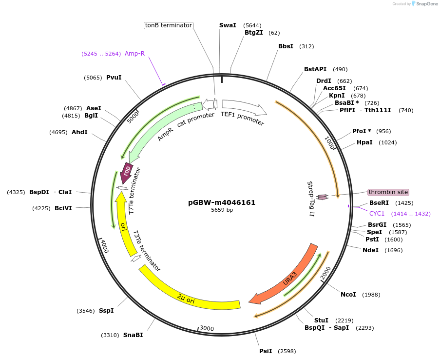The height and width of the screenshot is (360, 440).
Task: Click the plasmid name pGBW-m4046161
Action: click(x=222, y=202)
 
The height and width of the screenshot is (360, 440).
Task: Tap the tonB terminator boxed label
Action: click(x=169, y=25)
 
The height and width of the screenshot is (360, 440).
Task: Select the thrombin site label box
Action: click(x=388, y=192)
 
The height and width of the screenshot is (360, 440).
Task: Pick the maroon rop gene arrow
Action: click(x=127, y=172)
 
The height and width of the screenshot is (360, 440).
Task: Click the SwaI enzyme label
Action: click(x=228, y=25)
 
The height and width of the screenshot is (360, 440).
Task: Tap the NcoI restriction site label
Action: click(x=348, y=295)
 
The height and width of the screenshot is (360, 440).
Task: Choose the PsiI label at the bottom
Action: click(x=266, y=351)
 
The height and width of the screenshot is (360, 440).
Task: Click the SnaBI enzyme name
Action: click(x=133, y=335)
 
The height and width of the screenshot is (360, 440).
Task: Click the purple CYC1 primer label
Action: click(x=377, y=214)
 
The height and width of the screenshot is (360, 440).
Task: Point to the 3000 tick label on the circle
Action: click(x=207, y=328)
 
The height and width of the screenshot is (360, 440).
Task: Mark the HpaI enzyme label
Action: click(x=364, y=142)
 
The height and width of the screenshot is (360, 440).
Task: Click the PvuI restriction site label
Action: click(x=114, y=78)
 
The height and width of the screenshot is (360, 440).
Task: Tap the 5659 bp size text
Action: click(x=222, y=210)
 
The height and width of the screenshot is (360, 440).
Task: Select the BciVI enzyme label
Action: click(x=63, y=208)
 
